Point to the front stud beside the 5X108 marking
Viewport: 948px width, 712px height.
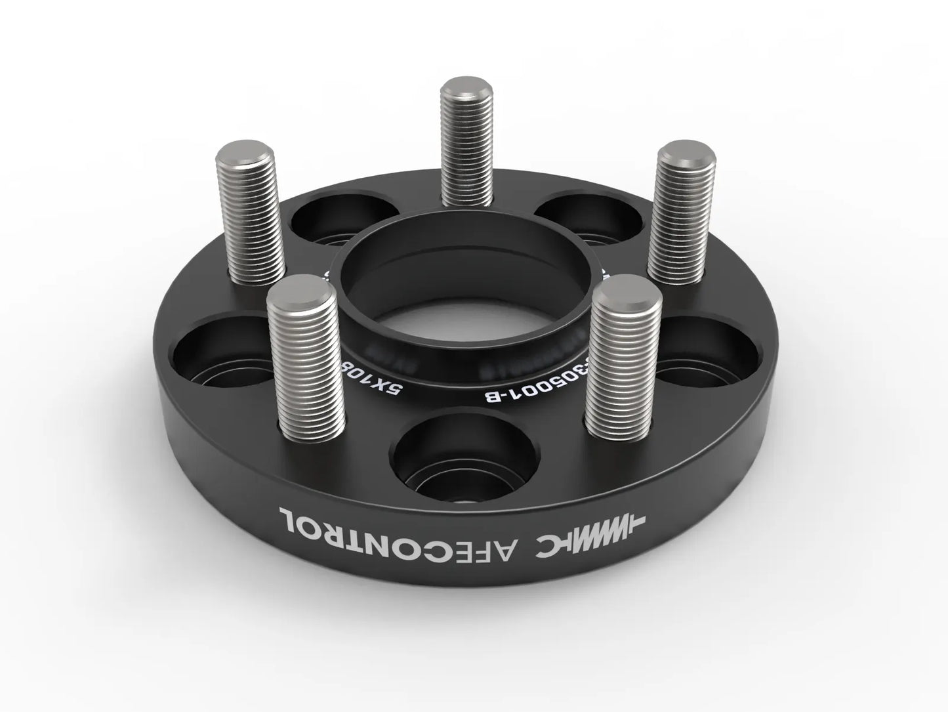[306, 361]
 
